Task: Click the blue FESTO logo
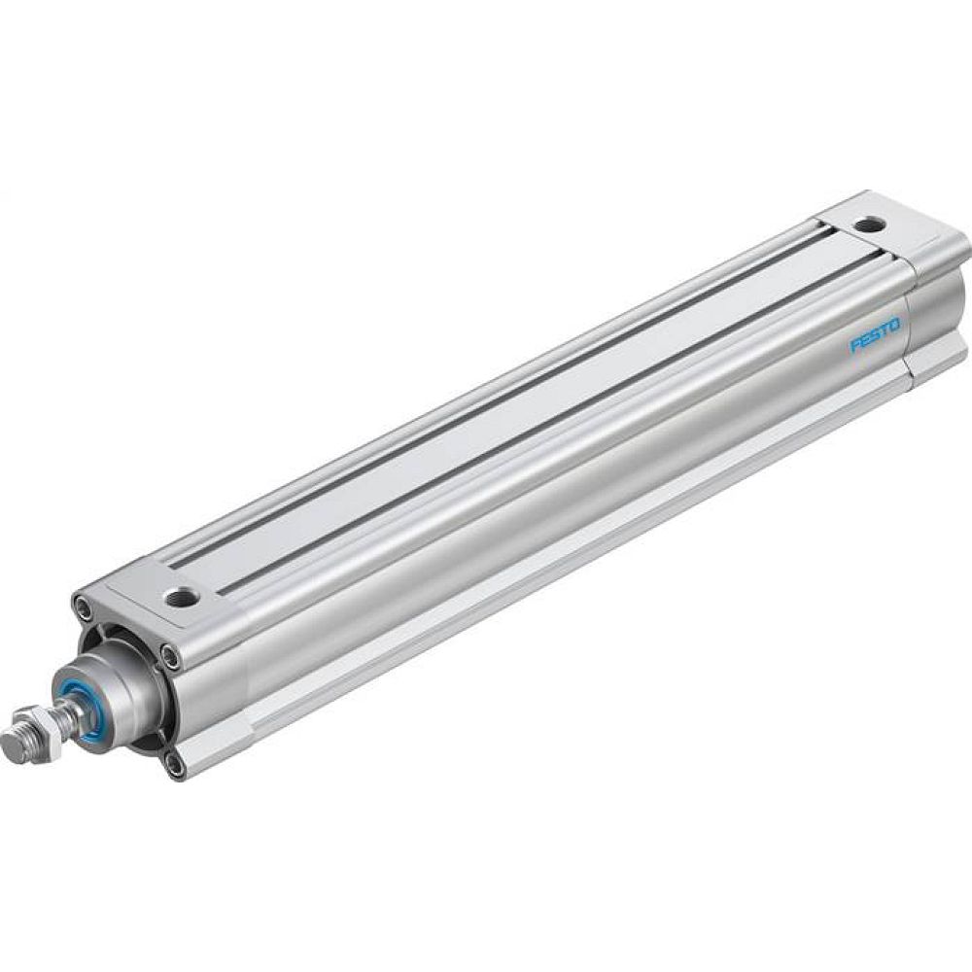(x=875, y=333)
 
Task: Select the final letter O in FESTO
(x=894, y=321)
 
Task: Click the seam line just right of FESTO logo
(x=909, y=326)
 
